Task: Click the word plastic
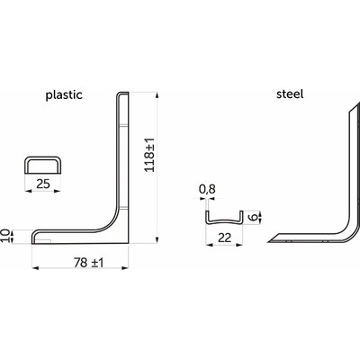64,95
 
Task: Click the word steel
290,94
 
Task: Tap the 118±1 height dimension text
149,155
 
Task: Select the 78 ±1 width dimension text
88,263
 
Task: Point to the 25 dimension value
43,184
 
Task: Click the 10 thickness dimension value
5,236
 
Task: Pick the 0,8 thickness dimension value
207,189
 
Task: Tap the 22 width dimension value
224,238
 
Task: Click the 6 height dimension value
254,217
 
